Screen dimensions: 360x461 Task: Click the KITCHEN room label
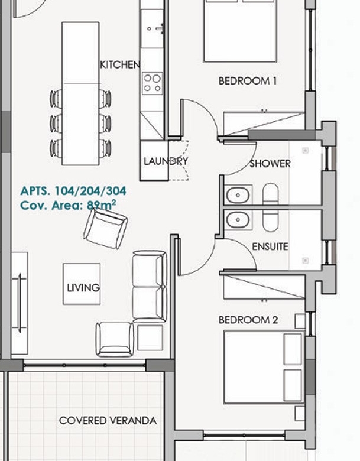120,64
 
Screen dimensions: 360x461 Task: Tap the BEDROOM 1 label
248,81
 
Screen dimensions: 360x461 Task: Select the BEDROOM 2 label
248,320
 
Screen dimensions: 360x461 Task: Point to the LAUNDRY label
166,161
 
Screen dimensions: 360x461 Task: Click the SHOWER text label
270,164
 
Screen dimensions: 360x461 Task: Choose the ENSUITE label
270,246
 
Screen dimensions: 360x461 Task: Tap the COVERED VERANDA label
108,420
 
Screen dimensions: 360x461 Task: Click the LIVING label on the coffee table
83,288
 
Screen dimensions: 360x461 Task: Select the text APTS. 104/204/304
73,191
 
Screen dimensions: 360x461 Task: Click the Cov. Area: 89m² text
68,205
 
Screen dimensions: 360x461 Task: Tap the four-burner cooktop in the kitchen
153,83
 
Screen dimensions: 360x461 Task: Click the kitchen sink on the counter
152,28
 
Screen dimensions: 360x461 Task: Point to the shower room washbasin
238,194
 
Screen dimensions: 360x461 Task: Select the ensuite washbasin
238,220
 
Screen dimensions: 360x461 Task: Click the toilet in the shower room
270,194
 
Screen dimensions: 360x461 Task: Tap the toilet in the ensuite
270,221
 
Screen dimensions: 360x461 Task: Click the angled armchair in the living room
106,229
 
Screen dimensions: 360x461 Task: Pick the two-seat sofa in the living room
150,287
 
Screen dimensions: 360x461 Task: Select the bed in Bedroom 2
264,367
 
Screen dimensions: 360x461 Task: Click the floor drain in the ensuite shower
305,261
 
